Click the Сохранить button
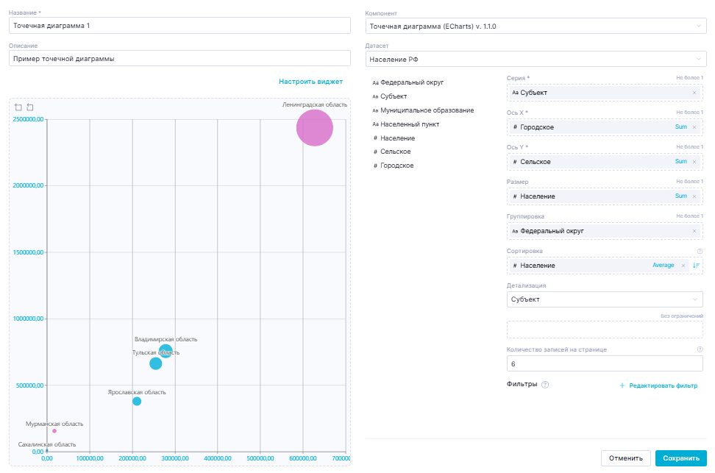pyautogui.click(x=680, y=458)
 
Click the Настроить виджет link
pyautogui.click(x=310, y=82)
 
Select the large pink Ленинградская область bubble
pyautogui.click(x=315, y=128)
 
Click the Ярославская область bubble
pyautogui.click(x=137, y=401)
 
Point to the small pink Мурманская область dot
pyautogui.click(x=54, y=431)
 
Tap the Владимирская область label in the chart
pyautogui.click(x=166, y=339)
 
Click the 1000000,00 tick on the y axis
pyautogui.click(x=28, y=319)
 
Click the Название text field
pyautogui.click(x=179, y=26)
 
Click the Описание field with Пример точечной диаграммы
pyautogui.click(x=179, y=59)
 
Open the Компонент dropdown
pyautogui.click(x=536, y=26)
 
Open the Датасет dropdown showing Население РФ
pyautogui.click(x=536, y=59)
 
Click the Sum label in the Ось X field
pyautogui.click(x=680, y=127)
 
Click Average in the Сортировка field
pyautogui.click(x=663, y=265)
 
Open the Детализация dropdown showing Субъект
pyautogui.click(x=605, y=299)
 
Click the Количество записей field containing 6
pyautogui.click(x=605, y=363)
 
